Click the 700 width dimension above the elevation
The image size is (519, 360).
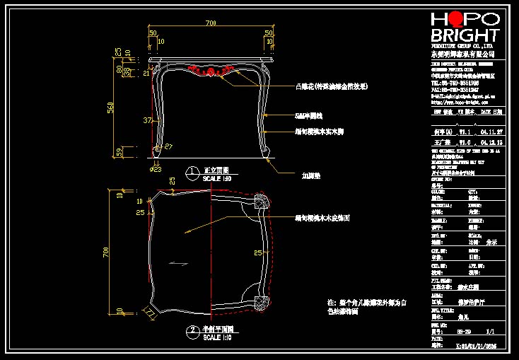pyautogui.click(x=211, y=23)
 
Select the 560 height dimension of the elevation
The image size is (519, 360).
pyautogui.click(x=110, y=107)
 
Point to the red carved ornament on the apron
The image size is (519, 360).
pyautogui.click(x=211, y=70)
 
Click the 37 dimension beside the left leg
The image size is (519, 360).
pyautogui.click(x=147, y=121)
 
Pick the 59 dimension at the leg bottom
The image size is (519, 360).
pyautogui.click(x=119, y=152)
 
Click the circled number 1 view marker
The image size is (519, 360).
pyautogui.click(x=192, y=171)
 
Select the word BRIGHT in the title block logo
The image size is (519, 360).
pyautogui.click(x=465, y=35)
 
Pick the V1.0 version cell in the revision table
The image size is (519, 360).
pyautogui.click(x=465, y=141)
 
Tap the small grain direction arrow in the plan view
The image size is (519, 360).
pyautogui.click(x=179, y=263)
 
